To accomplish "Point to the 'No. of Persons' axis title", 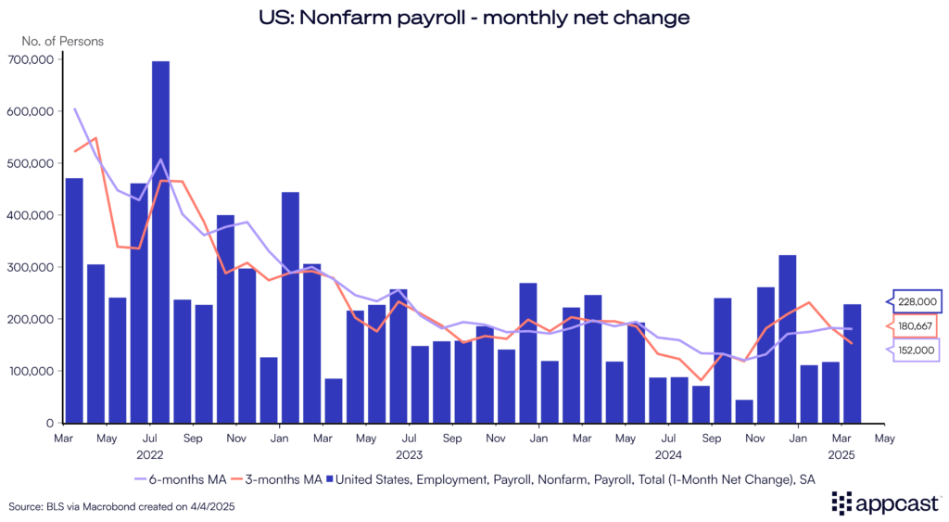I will (63, 41).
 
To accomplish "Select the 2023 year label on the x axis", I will (409, 454).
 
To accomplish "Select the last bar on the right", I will (852, 363).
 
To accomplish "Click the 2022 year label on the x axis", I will (149, 454).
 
